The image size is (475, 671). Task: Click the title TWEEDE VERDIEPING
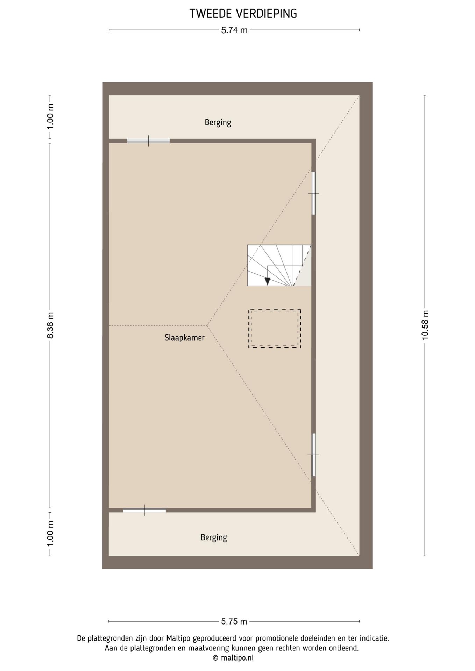(x=243, y=14)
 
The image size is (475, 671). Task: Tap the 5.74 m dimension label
(x=234, y=30)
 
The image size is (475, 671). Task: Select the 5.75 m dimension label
(x=234, y=621)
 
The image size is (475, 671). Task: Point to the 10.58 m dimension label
(x=425, y=325)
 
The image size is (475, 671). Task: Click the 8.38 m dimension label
(x=50, y=325)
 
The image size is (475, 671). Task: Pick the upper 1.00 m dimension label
(x=50, y=116)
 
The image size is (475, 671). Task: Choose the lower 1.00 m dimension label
(x=50, y=534)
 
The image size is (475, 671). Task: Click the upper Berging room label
(x=218, y=122)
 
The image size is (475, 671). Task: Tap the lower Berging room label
(x=213, y=537)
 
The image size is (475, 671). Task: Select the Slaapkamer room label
(x=184, y=338)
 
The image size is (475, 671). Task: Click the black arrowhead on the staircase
(x=268, y=281)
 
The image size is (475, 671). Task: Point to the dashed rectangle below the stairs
(x=275, y=328)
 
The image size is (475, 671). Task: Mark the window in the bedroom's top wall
(x=148, y=141)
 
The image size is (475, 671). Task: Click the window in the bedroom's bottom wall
(x=144, y=510)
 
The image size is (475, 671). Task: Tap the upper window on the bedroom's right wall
(x=313, y=193)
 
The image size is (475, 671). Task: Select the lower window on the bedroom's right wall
(x=313, y=455)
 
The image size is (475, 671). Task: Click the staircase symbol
(x=279, y=265)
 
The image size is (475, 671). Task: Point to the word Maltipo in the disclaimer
(x=178, y=638)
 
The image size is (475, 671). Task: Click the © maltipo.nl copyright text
(x=233, y=658)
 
